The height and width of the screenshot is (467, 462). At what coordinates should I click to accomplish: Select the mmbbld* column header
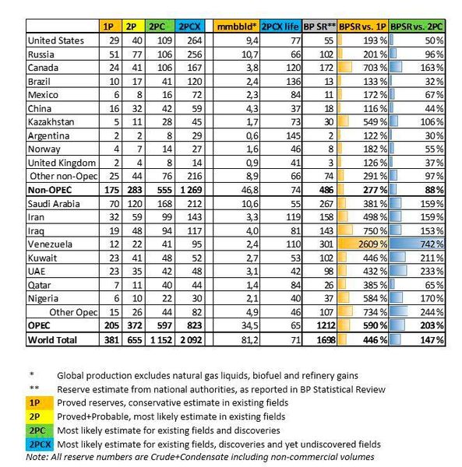click(237, 26)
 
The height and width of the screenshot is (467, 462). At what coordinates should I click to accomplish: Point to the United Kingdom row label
click(61, 163)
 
